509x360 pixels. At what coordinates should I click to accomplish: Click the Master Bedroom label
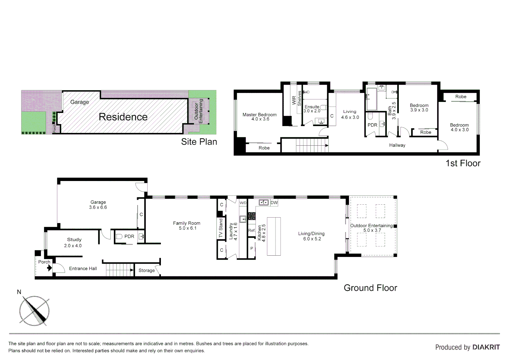point(259,115)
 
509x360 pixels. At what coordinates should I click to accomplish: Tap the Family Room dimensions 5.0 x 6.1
point(188,228)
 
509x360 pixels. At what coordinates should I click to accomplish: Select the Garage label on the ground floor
point(98,202)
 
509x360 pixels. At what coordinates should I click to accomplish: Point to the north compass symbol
point(34,310)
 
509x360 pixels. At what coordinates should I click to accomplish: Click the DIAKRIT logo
point(486,347)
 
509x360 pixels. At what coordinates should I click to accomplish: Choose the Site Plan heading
point(199,142)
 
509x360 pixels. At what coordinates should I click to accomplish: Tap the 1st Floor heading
point(463,163)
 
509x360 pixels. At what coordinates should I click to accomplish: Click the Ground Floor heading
point(370,288)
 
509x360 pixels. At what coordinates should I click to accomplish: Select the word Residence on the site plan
point(123,117)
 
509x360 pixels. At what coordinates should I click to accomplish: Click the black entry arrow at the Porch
point(49,268)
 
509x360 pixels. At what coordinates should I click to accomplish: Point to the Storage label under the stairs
point(147,270)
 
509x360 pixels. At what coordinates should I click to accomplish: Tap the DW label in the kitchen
point(274,203)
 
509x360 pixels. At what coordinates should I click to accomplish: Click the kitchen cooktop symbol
point(252,216)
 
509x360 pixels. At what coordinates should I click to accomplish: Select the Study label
point(74,240)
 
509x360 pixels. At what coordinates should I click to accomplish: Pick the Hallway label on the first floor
point(397,145)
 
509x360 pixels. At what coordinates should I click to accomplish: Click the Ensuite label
point(311,107)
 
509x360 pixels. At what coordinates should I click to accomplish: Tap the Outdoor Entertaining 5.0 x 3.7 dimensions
point(372,230)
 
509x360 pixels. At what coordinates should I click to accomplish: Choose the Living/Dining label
point(311,234)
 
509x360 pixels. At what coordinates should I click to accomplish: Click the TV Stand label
point(221,228)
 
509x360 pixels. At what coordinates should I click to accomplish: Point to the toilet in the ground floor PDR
point(119,237)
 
